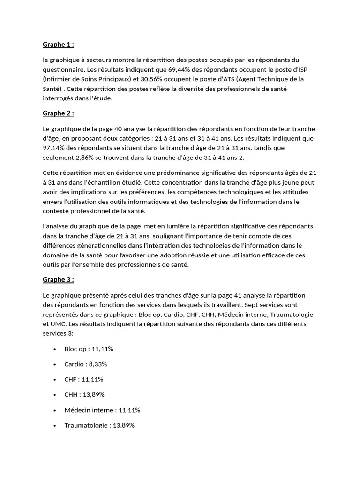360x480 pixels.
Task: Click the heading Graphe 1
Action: tap(58, 45)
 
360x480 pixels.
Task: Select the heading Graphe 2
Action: tap(58, 113)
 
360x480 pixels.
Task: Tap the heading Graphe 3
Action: tap(58, 279)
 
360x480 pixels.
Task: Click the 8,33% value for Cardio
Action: tap(97, 364)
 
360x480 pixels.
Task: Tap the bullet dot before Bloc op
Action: tap(55, 349)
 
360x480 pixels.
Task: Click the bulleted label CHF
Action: tap(71, 379)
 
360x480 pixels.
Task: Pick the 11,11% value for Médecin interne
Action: tap(129, 410)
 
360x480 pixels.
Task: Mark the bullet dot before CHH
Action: tap(55, 395)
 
